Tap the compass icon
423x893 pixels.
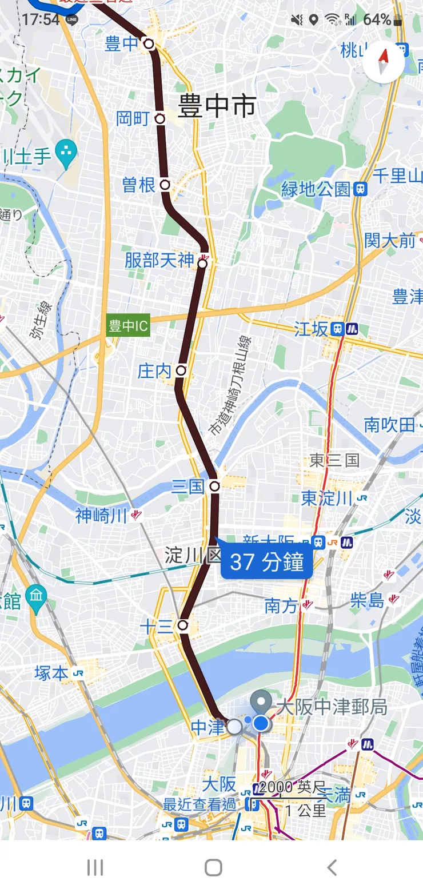384,63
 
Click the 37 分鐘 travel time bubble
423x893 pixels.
266,563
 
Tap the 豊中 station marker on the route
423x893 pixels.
149,43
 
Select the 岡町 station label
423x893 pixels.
133,118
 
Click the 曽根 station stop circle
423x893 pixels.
165,185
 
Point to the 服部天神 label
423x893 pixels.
159,261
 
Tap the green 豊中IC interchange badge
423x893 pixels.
129,326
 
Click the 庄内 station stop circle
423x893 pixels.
181,370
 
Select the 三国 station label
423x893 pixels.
187,487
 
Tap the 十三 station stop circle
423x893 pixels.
183,625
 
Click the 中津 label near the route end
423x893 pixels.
207,727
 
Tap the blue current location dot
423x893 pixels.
261,724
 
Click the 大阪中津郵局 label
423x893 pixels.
332,707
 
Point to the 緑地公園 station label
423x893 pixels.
316,189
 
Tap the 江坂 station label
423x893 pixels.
312,329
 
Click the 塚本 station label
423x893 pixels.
51,673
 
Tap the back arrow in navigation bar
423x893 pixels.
332,867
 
